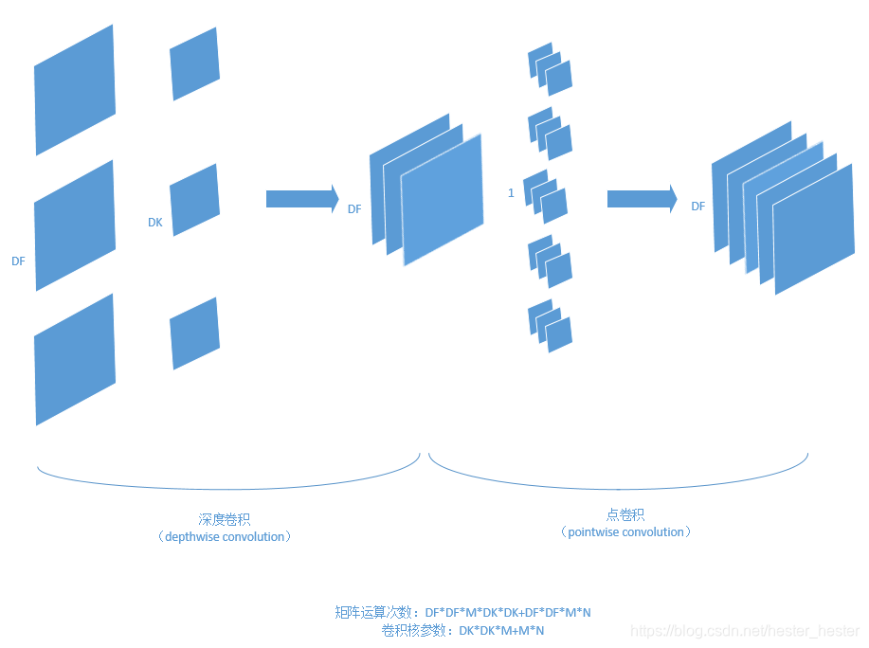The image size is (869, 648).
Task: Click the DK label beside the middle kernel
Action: tap(154, 223)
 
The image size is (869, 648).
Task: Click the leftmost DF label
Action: tap(19, 261)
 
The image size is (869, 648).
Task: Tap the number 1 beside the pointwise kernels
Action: tap(511, 193)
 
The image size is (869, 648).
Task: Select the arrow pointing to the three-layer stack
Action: tap(302, 199)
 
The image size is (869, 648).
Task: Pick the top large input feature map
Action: tap(74, 90)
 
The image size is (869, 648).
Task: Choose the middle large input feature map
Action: tap(74, 225)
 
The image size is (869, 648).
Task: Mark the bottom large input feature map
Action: tap(74, 359)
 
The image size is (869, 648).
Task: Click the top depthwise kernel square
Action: tap(194, 63)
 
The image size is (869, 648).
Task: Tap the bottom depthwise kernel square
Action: tap(194, 333)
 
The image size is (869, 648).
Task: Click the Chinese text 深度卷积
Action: tap(225, 519)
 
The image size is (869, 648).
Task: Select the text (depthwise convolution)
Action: tap(225, 536)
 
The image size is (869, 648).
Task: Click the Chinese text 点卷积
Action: tap(625, 514)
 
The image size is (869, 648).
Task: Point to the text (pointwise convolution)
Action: tap(625, 531)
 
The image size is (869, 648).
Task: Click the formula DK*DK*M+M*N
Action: tap(501, 630)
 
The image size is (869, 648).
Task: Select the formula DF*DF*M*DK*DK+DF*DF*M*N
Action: tap(508, 612)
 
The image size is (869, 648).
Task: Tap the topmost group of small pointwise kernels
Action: tap(550, 69)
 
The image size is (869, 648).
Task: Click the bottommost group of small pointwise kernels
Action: tap(550, 326)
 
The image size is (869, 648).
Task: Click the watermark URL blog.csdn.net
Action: tap(745, 631)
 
